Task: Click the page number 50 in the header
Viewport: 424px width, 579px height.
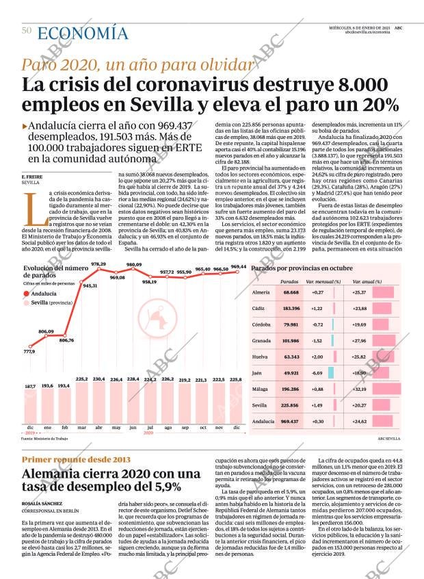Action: (27, 30)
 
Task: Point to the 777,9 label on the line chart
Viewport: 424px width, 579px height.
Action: (29, 351)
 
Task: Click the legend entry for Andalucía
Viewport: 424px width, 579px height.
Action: (42, 294)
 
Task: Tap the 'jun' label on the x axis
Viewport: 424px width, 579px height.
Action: (133, 428)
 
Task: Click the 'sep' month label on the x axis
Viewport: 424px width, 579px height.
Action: (185, 428)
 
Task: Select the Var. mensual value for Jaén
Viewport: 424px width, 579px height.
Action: (317, 373)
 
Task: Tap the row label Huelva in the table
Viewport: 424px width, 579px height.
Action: (260, 357)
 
